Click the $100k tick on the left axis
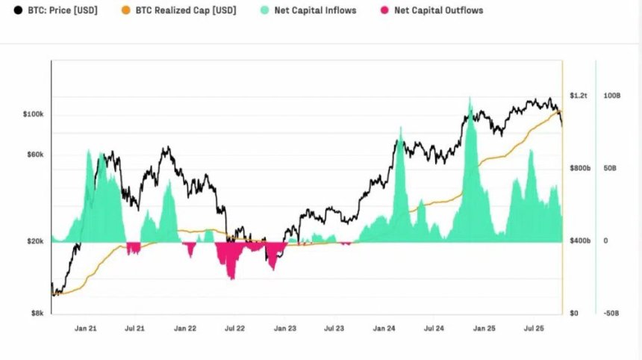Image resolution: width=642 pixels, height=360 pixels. (x=34, y=114)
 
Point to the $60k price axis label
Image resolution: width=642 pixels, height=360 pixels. (x=35, y=155)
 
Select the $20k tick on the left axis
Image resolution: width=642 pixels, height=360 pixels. (x=35, y=241)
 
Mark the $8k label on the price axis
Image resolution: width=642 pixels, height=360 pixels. (x=37, y=313)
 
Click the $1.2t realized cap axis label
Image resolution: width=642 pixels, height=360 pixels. (x=579, y=96)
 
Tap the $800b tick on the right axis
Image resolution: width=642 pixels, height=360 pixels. (x=580, y=169)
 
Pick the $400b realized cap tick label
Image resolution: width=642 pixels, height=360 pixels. (x=580, y=241)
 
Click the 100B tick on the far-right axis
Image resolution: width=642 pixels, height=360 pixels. (x=611, y=96)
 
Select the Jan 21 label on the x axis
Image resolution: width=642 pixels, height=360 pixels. (x=86, y=328)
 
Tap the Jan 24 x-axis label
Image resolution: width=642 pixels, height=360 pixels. (x=384, y=328)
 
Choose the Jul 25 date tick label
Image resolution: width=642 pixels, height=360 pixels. (x=533, y=328)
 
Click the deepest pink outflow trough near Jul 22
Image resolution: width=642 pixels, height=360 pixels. (x=232, y=278)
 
